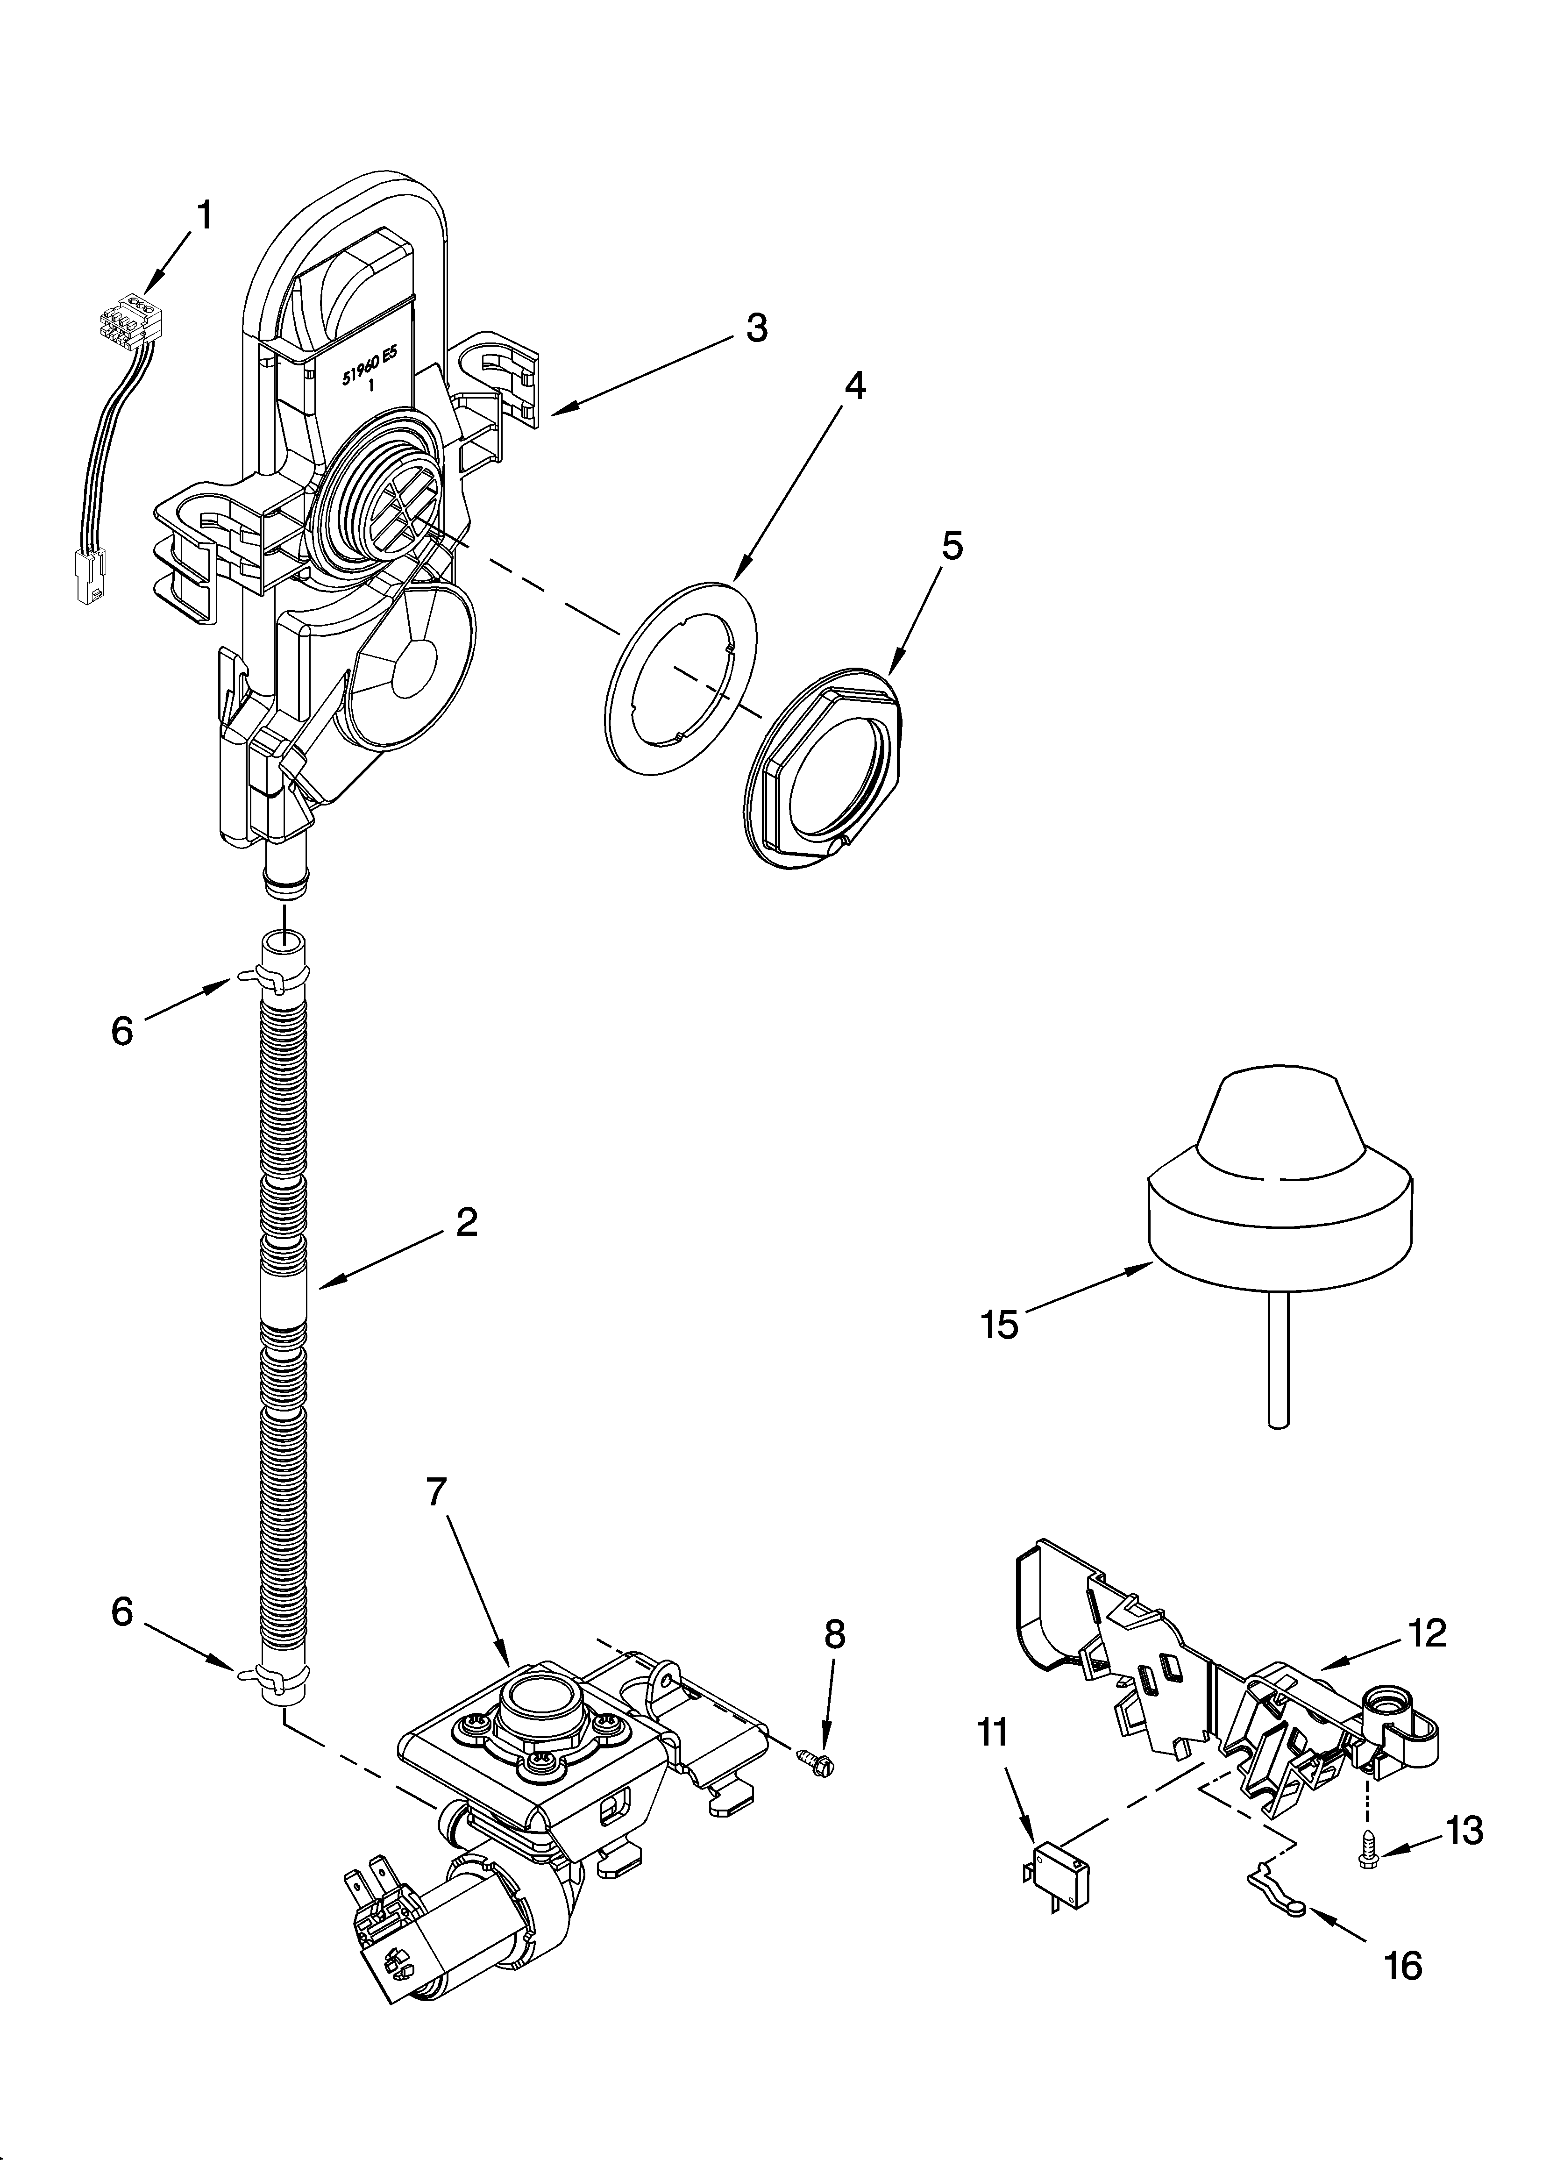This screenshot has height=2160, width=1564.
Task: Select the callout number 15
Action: coord(1000,1325)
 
